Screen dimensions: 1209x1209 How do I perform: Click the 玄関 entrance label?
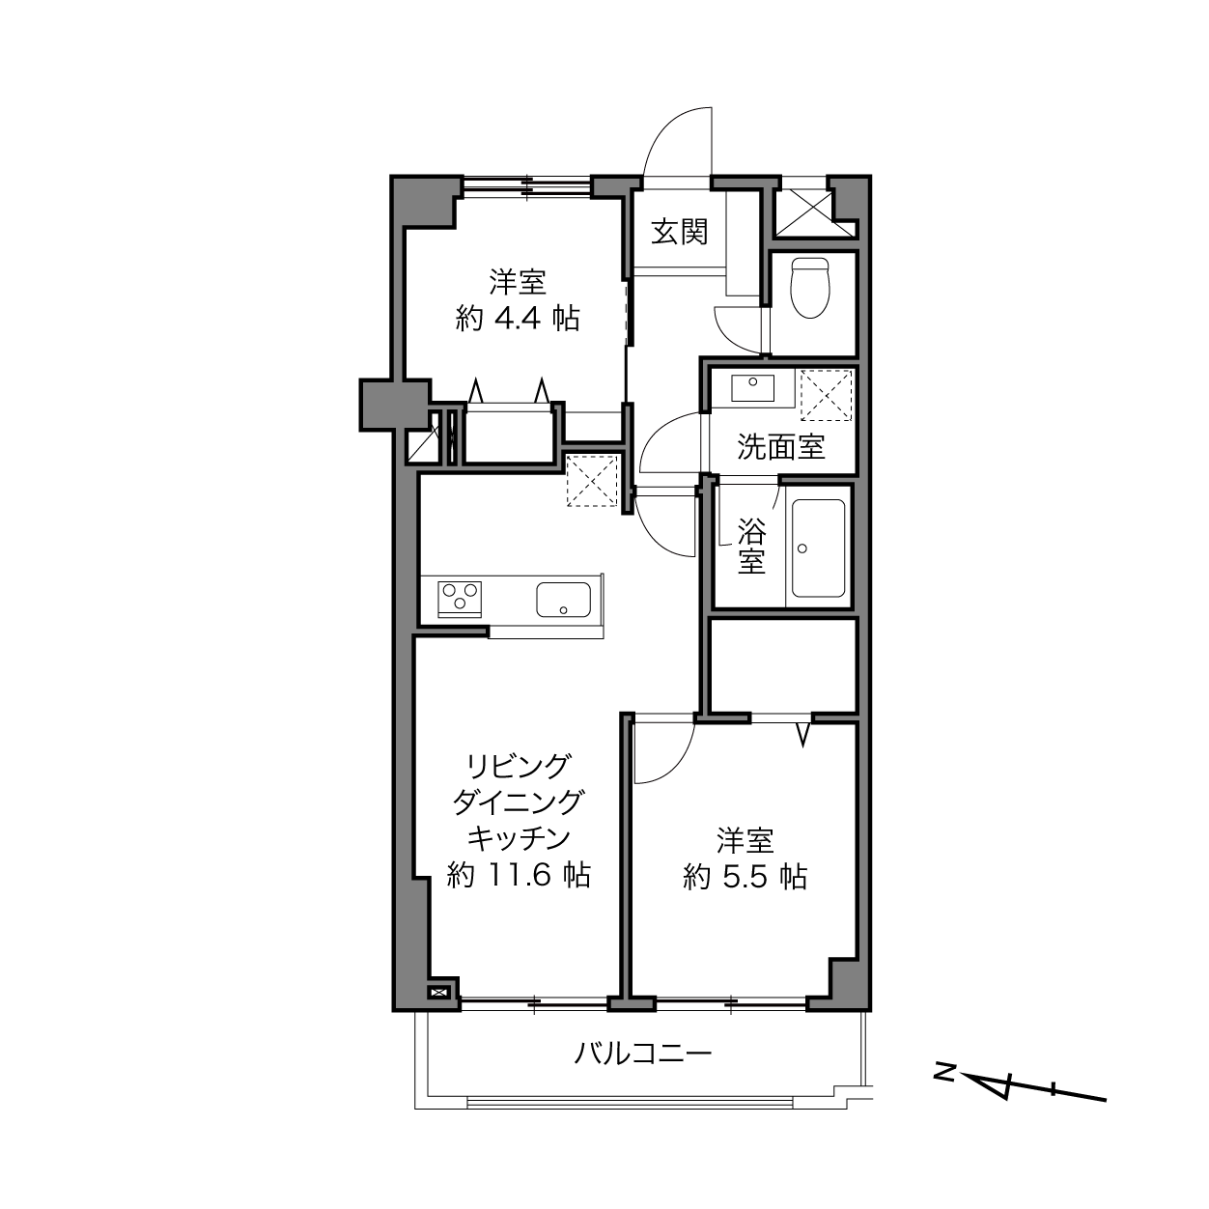point(680,232)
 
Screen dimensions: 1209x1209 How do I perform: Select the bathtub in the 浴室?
point(818,548)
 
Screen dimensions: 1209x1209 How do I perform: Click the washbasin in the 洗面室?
point(752,387)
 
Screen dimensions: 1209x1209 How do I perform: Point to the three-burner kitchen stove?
point(460,599)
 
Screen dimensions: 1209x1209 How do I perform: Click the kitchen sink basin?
point(563,599)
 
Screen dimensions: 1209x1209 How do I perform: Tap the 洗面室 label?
point(780,447)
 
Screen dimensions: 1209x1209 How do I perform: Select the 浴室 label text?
point(751,546)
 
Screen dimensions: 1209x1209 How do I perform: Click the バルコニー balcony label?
point(643,1054)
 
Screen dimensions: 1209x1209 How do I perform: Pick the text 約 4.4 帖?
point(517,320)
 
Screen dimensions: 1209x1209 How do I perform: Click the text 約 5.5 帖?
point(745,877)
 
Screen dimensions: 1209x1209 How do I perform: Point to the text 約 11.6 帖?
point(519,874)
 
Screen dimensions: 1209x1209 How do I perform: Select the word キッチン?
point(519,837)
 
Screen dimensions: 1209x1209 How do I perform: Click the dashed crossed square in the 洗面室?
point(827,395)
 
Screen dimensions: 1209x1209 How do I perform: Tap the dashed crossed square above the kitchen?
point(592,481)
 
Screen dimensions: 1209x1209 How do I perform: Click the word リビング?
point(519,766)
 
